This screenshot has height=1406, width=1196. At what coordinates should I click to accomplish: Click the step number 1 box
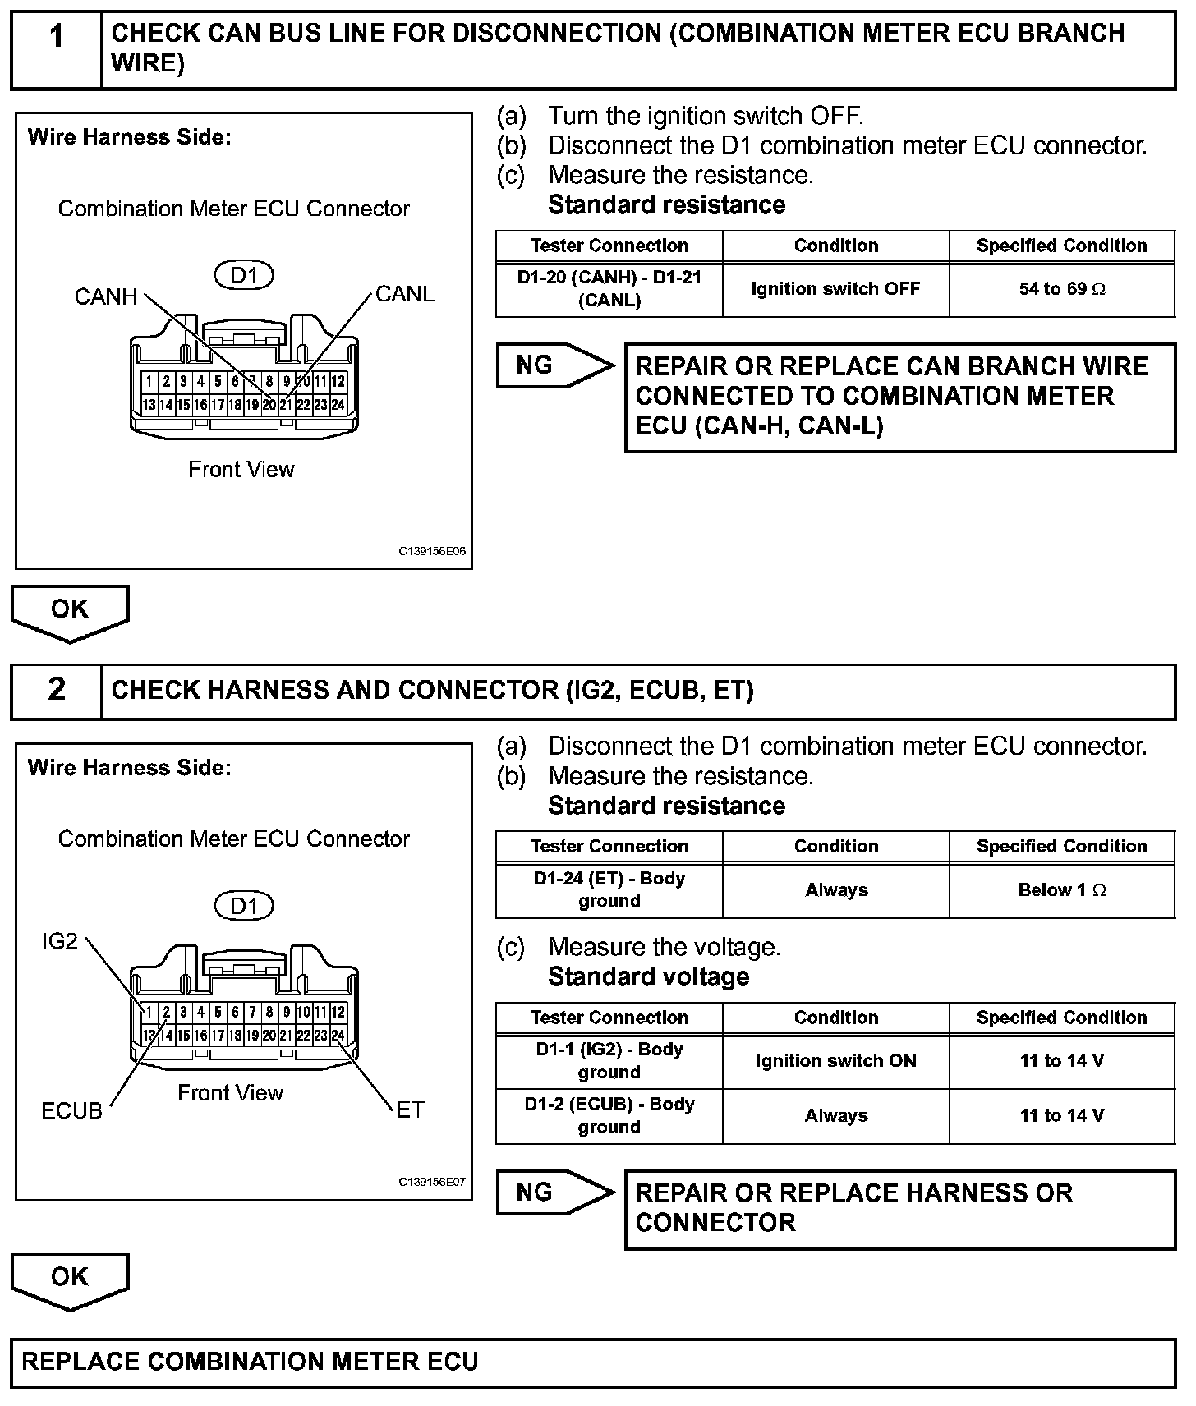tap(56, 49)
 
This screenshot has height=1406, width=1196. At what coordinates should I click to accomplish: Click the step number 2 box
tap(56, 690)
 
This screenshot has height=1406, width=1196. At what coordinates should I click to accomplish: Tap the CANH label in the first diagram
tap(105, 296)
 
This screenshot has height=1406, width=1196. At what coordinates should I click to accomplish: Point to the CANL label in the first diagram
tap(404, 294)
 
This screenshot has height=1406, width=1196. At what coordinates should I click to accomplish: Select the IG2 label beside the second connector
tap(59, 941)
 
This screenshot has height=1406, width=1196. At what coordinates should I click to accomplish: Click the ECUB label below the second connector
tap(71, 1111)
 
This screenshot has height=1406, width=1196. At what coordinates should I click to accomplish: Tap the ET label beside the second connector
tap(409, 1110)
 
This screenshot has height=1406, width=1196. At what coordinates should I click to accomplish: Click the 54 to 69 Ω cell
tap(1061, 289)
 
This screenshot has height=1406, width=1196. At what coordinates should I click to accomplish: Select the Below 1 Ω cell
tap(1061, 890)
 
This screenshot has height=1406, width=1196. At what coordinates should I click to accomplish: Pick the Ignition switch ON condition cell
tap(835, 1061)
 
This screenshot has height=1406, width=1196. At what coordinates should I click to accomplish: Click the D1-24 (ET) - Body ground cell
tap(609, 890)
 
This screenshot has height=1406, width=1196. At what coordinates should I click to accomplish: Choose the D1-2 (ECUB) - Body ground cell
tap(609, 1116)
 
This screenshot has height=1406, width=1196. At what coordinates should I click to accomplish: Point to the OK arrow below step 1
tap(70, 612)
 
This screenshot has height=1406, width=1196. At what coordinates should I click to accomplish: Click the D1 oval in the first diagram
tap(243, 275)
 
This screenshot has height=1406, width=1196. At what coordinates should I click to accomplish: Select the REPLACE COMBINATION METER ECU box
tap(593, 1362)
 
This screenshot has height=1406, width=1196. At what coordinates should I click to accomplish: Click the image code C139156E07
tap(432, 1182)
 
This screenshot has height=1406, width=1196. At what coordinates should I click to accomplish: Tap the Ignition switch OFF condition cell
tap(835, 289)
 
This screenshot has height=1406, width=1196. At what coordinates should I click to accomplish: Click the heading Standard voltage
tap(648, 976)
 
